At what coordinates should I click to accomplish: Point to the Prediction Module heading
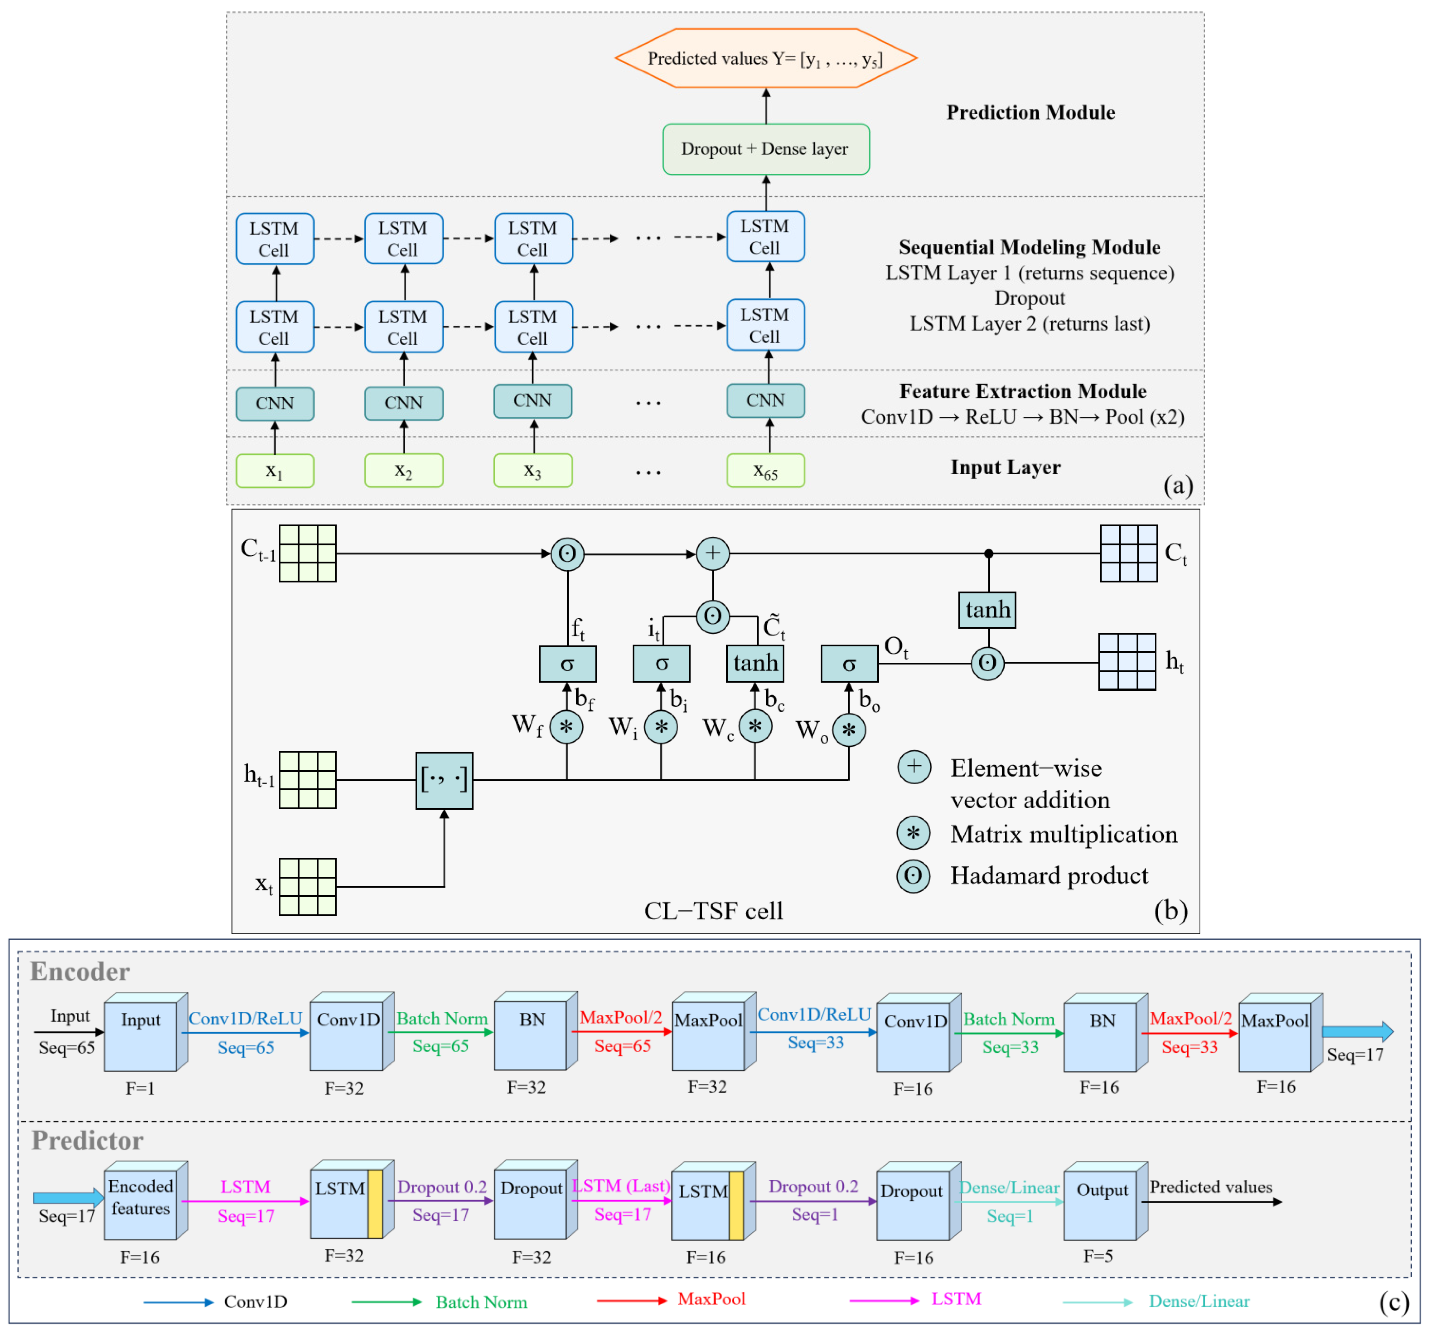click(1030, 112)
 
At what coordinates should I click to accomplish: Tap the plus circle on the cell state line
click(713, 553)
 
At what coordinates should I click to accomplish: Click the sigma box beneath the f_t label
click(568, 663)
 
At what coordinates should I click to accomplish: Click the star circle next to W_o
click(849, 730)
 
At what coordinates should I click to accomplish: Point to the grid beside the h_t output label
click(1127, 662)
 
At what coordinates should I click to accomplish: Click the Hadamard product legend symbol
click(914, 876)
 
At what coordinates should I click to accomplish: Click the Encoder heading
click(80, 972)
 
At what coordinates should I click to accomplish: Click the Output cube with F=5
click(1106, 1200)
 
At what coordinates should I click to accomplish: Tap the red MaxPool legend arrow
click(632, 1300)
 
